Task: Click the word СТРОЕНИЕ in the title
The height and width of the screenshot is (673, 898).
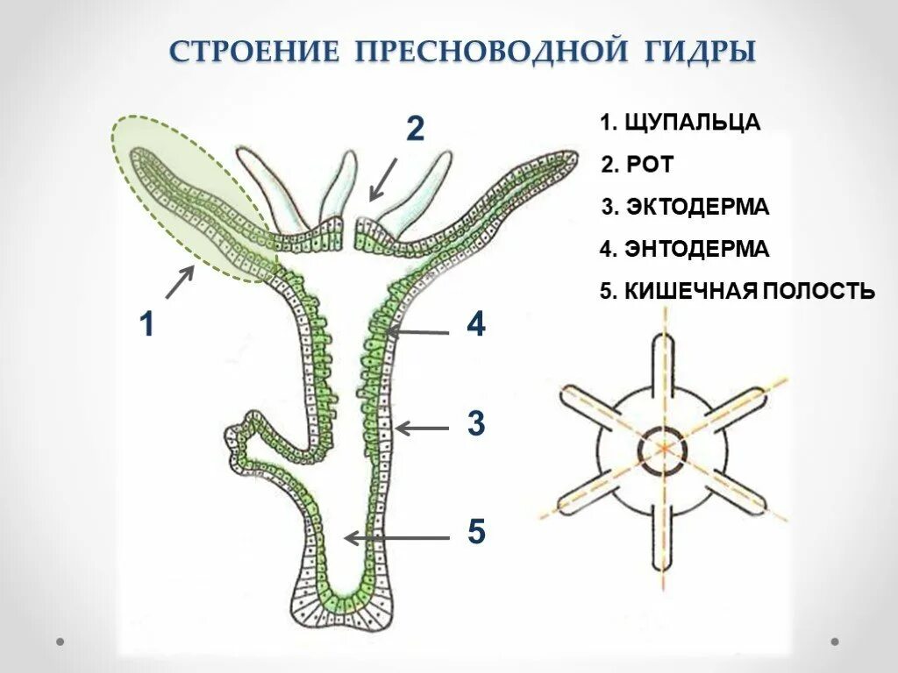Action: click(253, 50)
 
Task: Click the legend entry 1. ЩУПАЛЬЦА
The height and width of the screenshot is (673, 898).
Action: click(680, 122)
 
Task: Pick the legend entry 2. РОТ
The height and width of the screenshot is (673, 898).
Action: click(638, 164)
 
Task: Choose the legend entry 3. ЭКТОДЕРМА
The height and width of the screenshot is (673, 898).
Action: click(685, 207)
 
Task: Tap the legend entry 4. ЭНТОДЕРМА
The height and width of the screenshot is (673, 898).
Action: click(684, 249)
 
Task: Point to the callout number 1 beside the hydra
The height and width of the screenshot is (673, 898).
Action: click(146, 326)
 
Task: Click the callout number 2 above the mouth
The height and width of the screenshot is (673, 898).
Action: click(415, 130)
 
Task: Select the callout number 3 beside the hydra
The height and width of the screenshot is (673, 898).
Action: click(475, 424)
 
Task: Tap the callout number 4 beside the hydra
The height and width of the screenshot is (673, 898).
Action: click(475, 326)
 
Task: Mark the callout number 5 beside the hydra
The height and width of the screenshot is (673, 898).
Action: click(475, 532)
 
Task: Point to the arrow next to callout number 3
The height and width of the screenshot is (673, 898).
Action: click(423, 428)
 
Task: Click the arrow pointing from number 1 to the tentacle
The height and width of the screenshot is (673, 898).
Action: click(180, 282)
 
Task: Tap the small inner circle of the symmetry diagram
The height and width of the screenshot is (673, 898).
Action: click(664, 450)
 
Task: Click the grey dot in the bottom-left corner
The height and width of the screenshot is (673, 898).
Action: click(61, 641)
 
